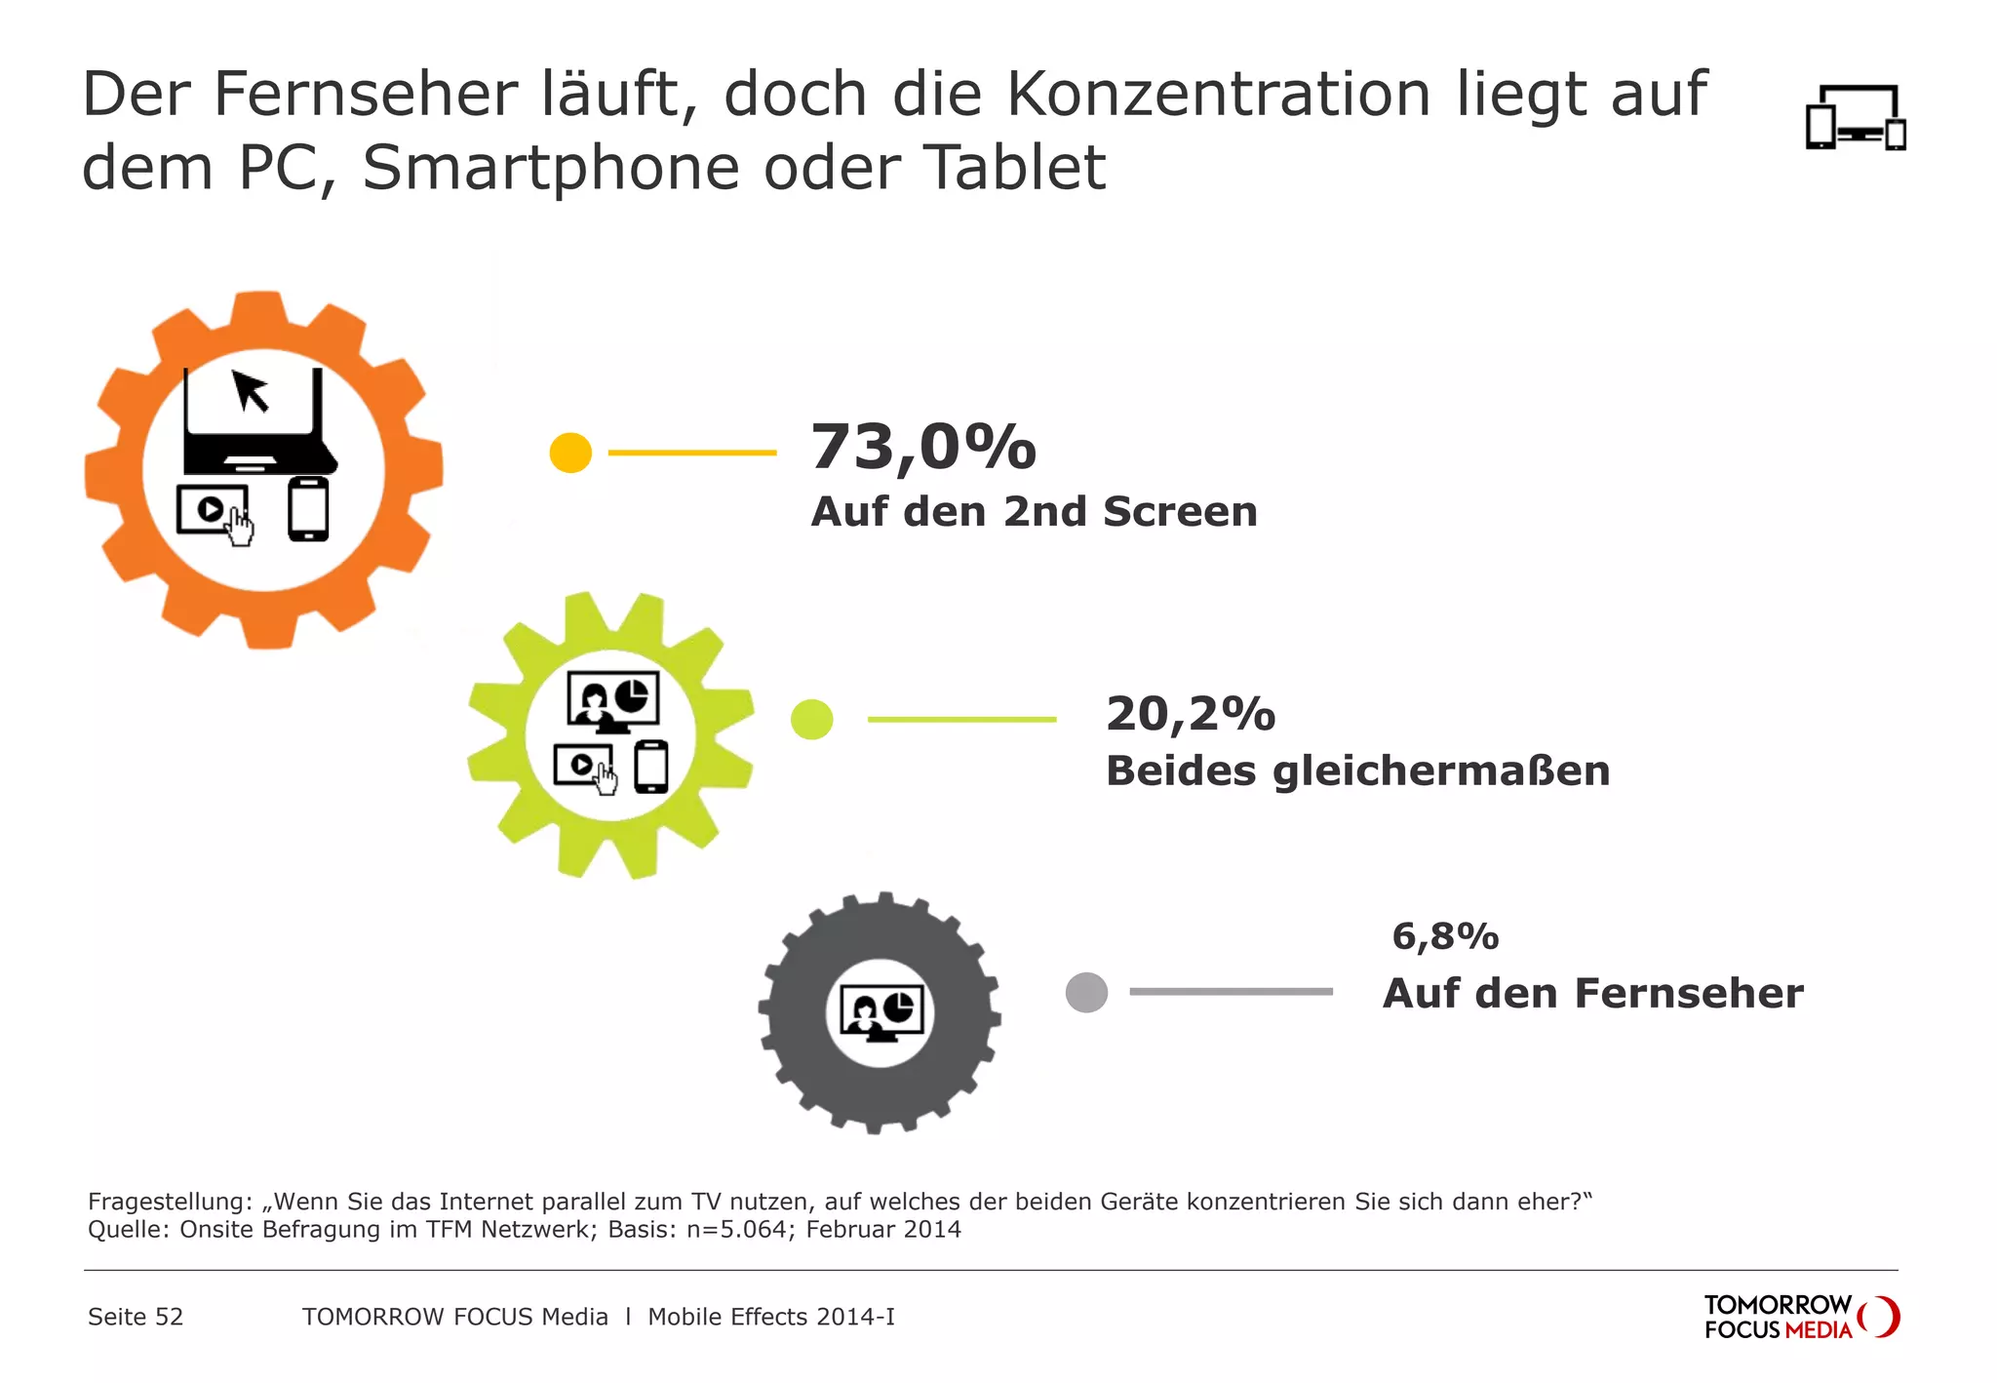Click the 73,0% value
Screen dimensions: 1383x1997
pos(922,448)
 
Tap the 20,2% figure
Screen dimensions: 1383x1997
pos(1190,714)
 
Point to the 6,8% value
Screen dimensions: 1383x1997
pos(1444,936)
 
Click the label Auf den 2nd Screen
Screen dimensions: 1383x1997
pos(1034,512)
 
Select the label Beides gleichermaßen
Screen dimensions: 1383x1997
pos(1357,771)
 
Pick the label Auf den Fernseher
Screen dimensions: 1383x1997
pos(1592,994)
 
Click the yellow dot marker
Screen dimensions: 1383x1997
pos(570,453)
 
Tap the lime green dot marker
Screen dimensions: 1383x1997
pos(811,720)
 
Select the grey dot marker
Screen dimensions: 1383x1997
pos(1086,992)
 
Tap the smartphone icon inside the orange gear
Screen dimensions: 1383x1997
pos(308,508)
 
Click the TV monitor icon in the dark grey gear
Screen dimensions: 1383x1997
pos(881,1013)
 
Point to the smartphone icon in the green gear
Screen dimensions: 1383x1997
pos(651,767)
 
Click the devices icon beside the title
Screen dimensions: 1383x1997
pos(1855,118)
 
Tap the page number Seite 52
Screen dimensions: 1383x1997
pos(136,1317)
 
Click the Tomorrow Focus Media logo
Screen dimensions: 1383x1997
pos(1800,1317)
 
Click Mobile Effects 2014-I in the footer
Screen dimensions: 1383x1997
pos(770,1317)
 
